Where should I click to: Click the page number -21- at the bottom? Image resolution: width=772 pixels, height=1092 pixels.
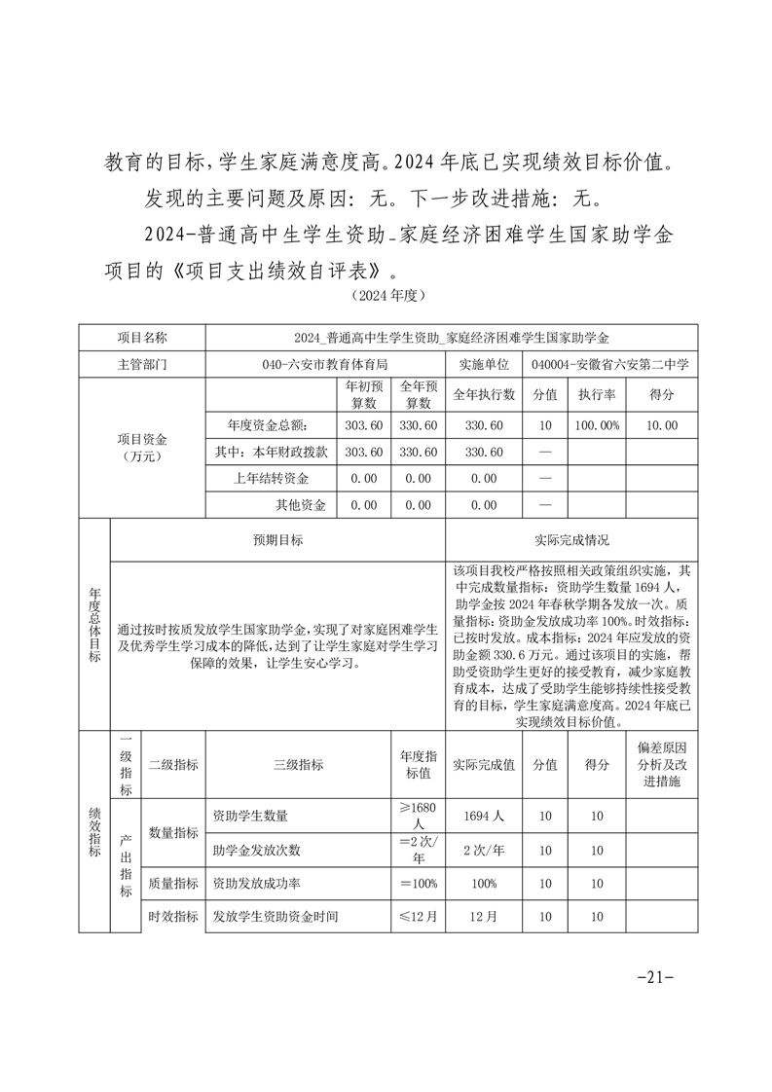[654, 977]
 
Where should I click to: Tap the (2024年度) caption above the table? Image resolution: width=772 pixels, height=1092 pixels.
[387, 293]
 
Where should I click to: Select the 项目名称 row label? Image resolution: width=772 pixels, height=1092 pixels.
[142, 338]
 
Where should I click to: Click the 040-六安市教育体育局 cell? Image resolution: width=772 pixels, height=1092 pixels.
[325, 364]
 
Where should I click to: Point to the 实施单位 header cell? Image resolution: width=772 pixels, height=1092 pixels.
[484, 364]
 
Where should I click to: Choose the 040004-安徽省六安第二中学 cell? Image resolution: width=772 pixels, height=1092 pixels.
[611, 364]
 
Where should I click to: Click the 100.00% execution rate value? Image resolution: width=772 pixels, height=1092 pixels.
[596, 425]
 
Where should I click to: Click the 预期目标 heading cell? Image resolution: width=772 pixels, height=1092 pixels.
[277, 541]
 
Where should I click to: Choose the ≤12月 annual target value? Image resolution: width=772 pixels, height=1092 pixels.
[419, 916]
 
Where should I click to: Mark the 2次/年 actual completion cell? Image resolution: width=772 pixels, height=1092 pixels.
[484, 850]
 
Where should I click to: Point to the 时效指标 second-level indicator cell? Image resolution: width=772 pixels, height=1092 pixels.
[173, 916]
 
